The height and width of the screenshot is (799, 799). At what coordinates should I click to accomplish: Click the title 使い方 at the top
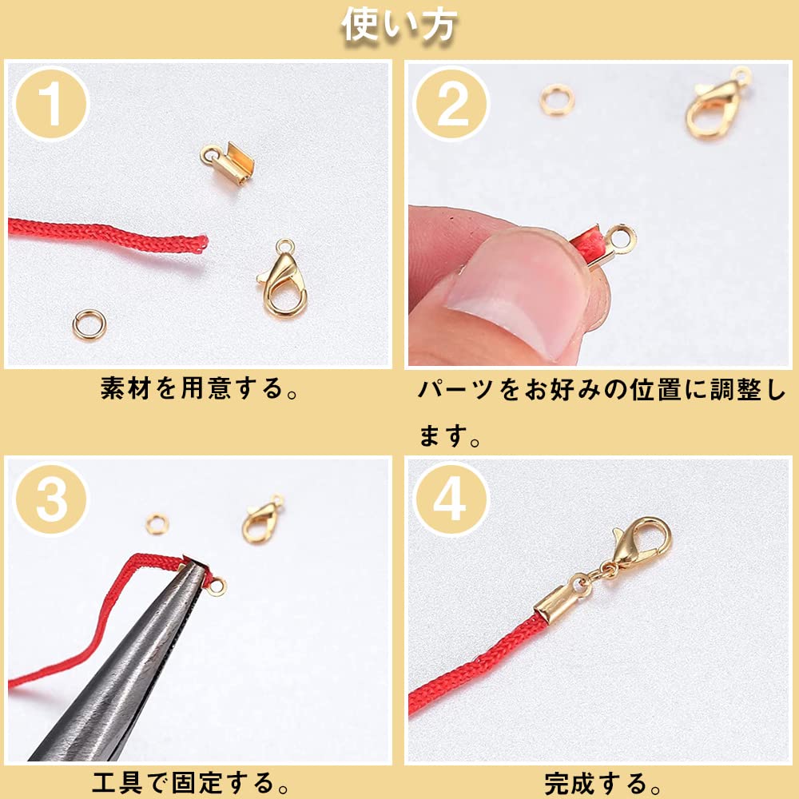coord(399,26)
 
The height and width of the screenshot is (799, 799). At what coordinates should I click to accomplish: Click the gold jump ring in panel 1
coord(89,324)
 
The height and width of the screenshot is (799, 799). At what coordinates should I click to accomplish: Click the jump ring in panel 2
coord(556,101)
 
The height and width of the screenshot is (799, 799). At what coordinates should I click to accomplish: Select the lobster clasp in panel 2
coord(714,107)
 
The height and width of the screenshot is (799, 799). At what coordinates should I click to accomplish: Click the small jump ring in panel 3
coord(157,524)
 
